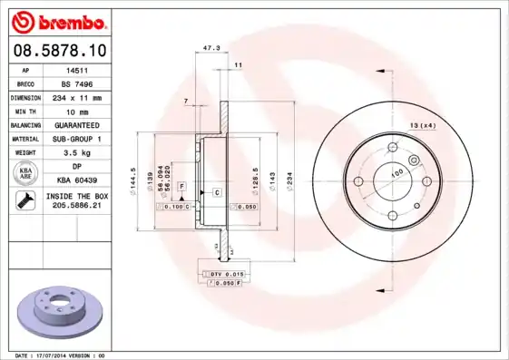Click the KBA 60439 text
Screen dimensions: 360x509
pos(77,180)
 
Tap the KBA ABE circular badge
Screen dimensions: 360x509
pos(24,174)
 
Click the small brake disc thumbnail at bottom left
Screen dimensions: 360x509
pos(57,310)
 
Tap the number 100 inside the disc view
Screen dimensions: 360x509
pos(396,172)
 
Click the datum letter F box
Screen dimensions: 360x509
pos(181,186)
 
